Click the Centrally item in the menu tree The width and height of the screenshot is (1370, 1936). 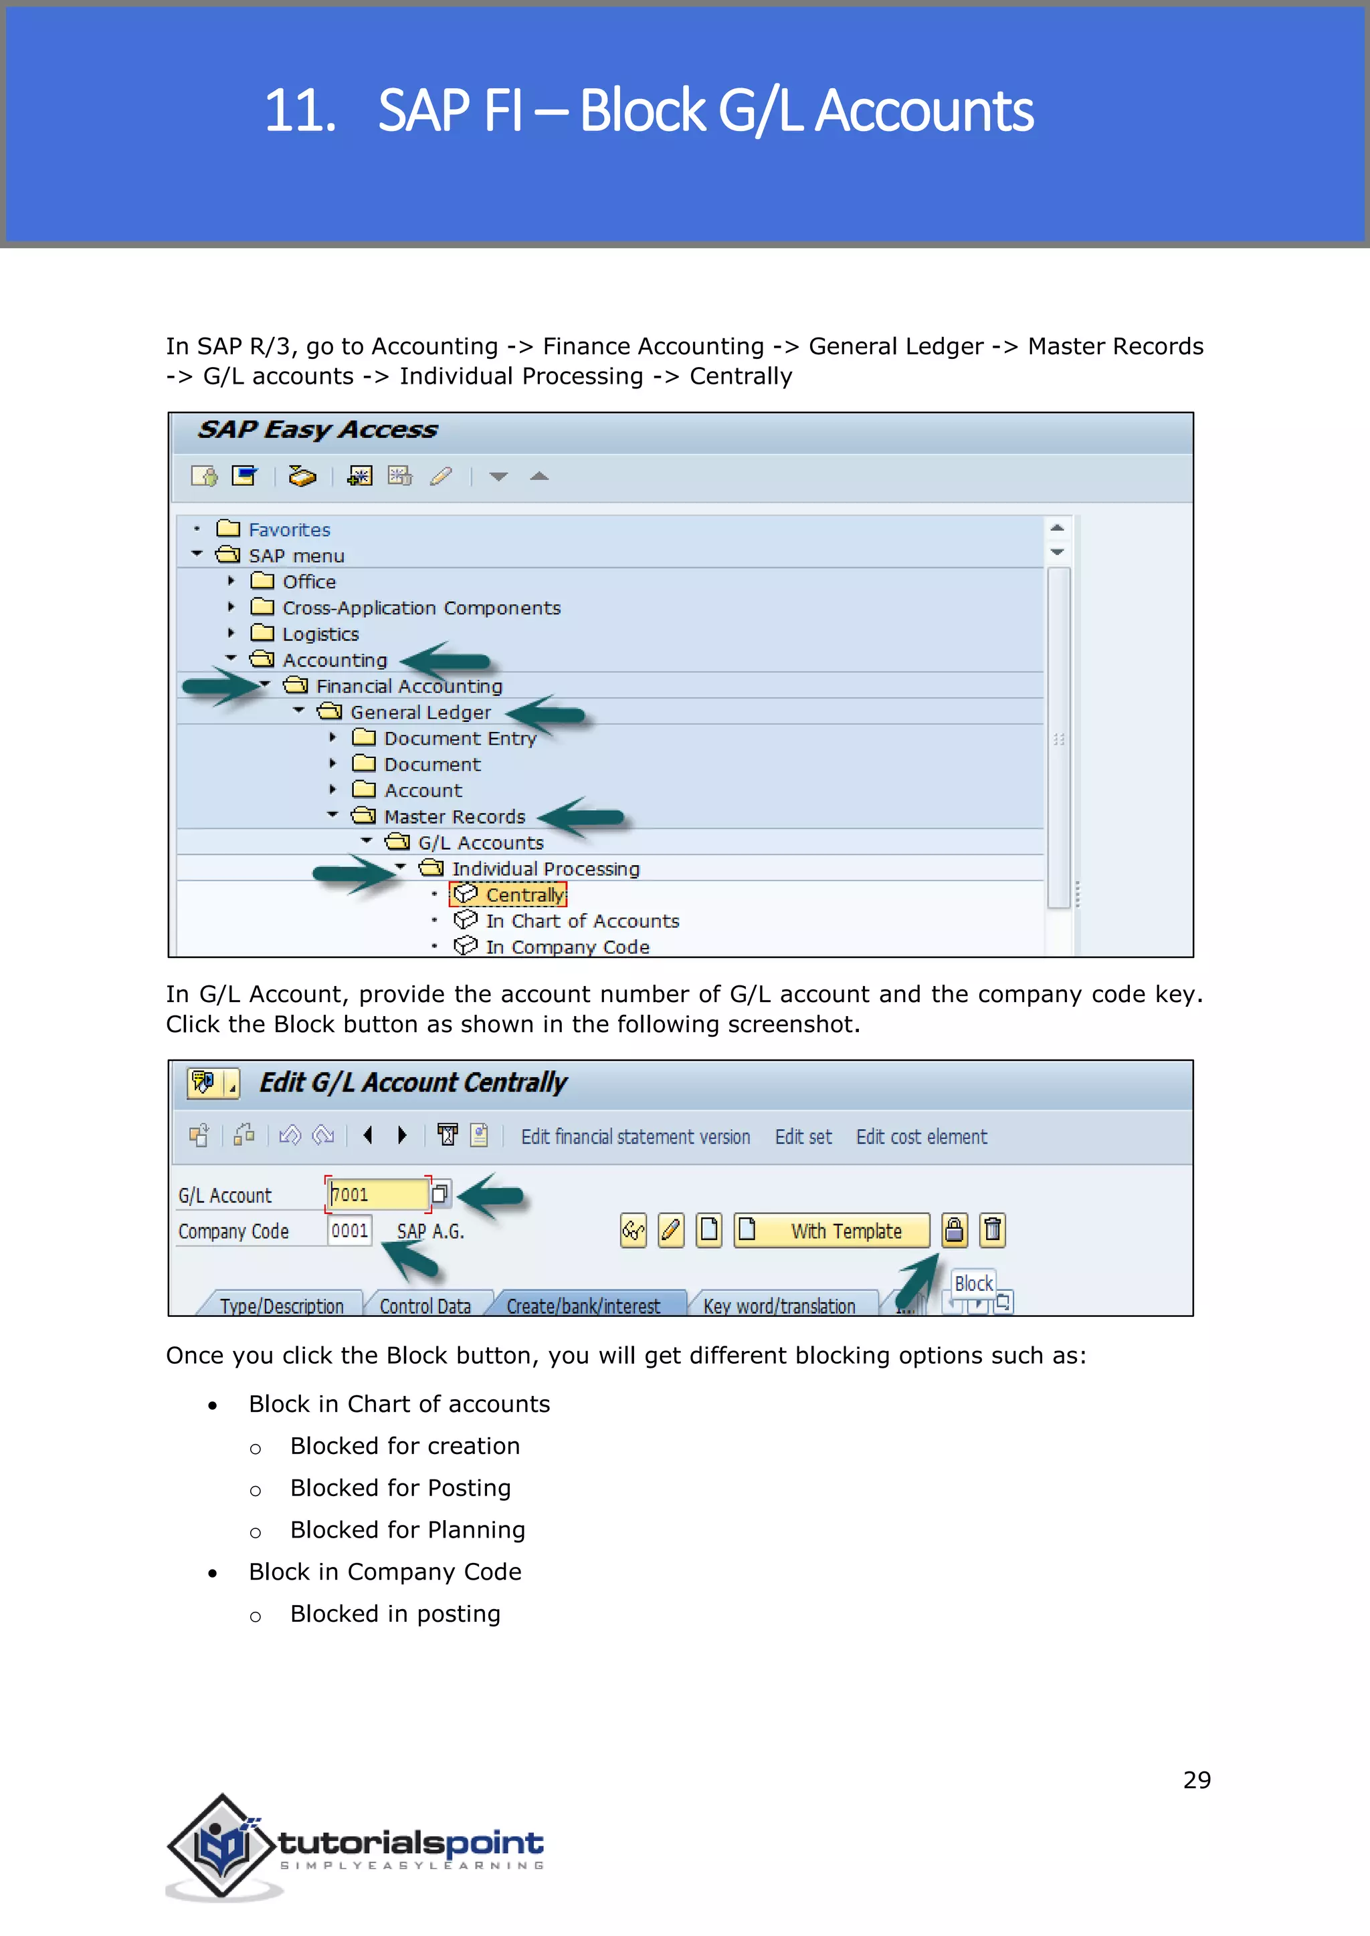point(524,894)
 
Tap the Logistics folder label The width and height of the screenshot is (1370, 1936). point(320,634)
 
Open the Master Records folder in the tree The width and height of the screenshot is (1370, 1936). point(454,816)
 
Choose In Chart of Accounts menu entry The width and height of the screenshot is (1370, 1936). point(581,921)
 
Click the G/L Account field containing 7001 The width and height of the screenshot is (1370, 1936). point(377,1195)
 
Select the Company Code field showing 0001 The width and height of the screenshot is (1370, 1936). point(349,1231)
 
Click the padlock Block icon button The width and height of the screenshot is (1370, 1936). point(954,1230)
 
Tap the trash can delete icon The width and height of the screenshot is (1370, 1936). point(993,1230)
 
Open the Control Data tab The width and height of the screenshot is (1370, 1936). point(425,1306)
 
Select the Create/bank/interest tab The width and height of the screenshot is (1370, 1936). point(583,1306)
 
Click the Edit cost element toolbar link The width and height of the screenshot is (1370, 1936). point(921,1136)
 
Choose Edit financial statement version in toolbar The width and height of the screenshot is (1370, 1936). point(635,1136)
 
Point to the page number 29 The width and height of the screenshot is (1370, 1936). point(1196,1780)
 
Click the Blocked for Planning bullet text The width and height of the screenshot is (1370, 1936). point(407,1530)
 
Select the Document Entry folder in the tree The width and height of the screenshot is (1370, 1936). point(460,739)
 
